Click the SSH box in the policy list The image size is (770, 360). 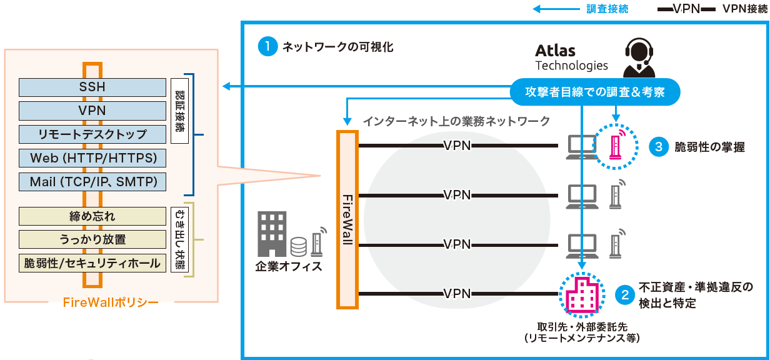tap(92, 87)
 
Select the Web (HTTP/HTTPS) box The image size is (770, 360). tap(92, 157)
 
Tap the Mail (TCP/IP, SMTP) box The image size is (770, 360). tap(92, 182)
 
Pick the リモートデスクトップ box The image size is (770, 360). tap(92, 134)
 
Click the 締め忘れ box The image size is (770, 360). tap(92, 216)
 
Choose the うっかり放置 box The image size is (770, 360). tap(92, 239)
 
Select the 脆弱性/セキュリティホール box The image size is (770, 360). tap(92, 263)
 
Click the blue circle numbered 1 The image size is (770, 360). tap(267, 47)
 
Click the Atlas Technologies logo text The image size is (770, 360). tap(571, 57)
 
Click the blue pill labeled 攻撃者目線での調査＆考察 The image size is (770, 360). tap(594, 92)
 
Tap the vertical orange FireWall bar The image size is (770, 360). tap(347, 219)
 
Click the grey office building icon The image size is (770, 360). tap(272, 234)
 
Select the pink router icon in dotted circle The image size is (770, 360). tap(616, 146)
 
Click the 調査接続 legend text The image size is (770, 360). tap(607, 9)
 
